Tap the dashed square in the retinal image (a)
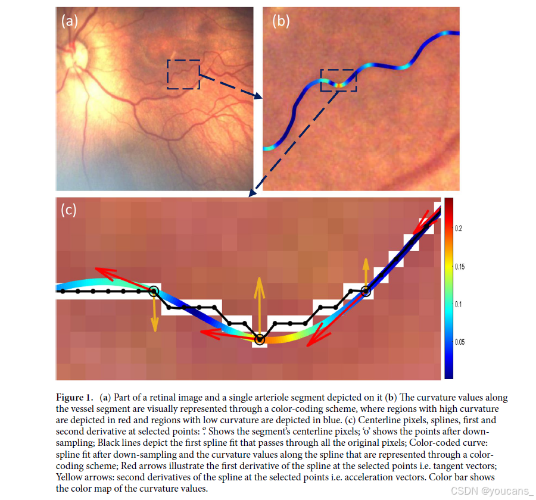(x=183, y=74)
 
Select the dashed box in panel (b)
(x=338, y=80)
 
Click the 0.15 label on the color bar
(x=460, y=267)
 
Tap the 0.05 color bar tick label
(x=460, y=342)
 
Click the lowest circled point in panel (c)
(x=260, y=339)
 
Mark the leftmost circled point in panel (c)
(x=154, y=291)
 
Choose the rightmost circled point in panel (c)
(x=366, y=291)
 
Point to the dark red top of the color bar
(x=449, y=202)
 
